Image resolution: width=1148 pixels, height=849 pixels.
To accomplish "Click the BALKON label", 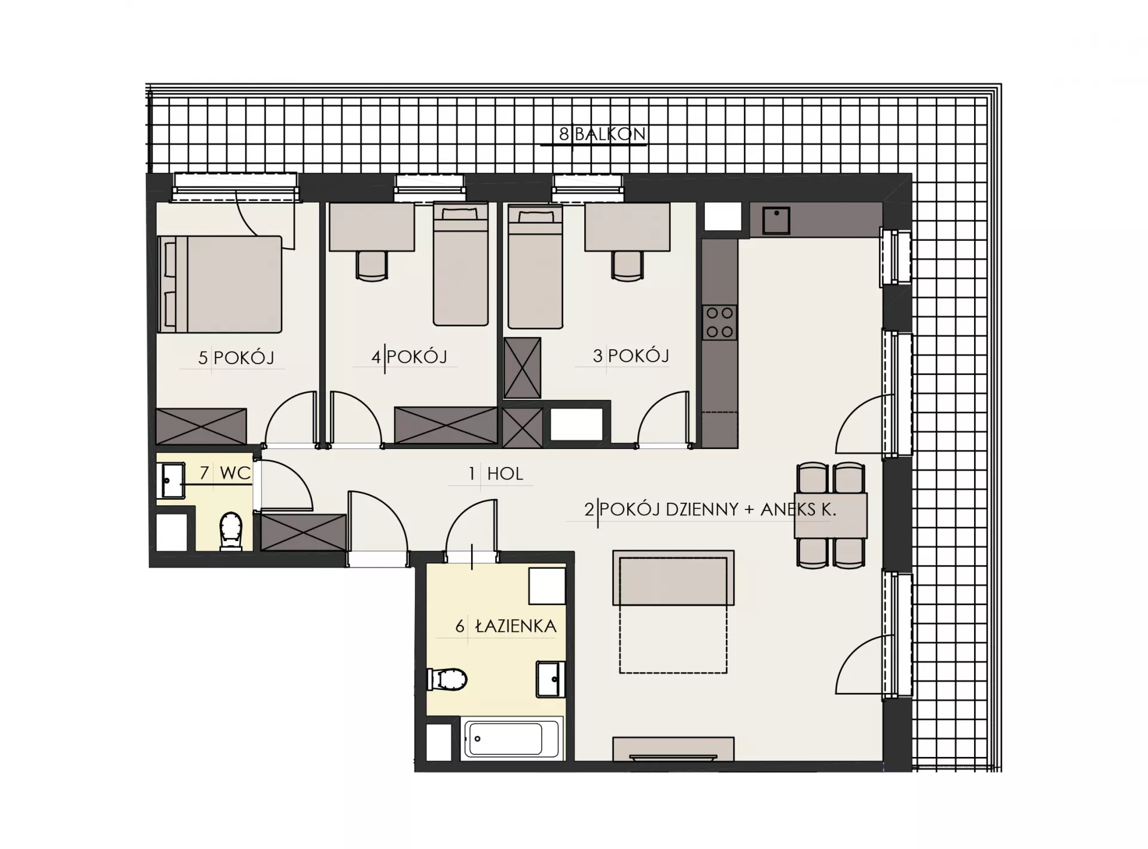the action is [x=610, y=134].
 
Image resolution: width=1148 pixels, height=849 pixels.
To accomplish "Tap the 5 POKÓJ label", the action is [x=236, y=358].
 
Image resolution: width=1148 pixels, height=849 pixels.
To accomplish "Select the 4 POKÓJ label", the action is [x=409, y=357].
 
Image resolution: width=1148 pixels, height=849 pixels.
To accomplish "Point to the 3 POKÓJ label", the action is [x=631, y=356].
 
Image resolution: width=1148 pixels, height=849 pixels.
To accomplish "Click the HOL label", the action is [x=505, y=474].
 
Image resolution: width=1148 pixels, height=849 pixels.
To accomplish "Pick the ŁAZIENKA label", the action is [x=515, y=626].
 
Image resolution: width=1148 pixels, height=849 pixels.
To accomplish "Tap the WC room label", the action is [x=235, y=473].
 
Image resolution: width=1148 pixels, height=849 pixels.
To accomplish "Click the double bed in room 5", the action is [x=220, y=284].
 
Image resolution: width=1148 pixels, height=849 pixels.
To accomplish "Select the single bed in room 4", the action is [x=461, y=264].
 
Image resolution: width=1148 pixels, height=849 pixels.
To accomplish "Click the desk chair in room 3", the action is [x=627, y=265].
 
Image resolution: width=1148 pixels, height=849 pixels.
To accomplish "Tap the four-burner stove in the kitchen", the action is [x=719, y=322].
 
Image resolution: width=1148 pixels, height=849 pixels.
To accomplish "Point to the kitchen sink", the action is [x=776, y=220].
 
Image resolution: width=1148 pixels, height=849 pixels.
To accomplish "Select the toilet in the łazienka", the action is [x=447, y=679].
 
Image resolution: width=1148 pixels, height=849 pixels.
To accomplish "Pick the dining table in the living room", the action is [x=831, y=515].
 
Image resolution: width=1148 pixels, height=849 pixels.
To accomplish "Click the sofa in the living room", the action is [x=673, y=578].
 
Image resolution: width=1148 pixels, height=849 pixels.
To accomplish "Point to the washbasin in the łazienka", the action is [x=550, y=679].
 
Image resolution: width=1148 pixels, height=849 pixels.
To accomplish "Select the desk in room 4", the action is [x=371, y=227].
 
